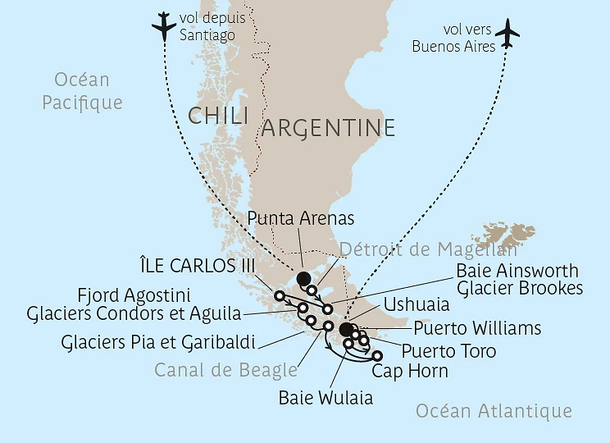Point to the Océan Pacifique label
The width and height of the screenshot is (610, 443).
pos(82,91)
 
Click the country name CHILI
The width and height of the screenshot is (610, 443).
pos(218,116)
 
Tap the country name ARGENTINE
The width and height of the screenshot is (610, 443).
pos(328,128)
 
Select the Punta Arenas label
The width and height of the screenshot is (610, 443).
pos(300,218)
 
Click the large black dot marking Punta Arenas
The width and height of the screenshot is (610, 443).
pos(303,279)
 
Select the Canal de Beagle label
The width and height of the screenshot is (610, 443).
pos(225,370)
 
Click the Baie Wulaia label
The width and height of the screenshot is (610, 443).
pos(325,399)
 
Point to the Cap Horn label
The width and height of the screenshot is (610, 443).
pos(410,371)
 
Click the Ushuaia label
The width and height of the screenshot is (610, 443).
pos(417,304)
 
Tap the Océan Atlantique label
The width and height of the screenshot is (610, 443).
pos(494,411)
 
